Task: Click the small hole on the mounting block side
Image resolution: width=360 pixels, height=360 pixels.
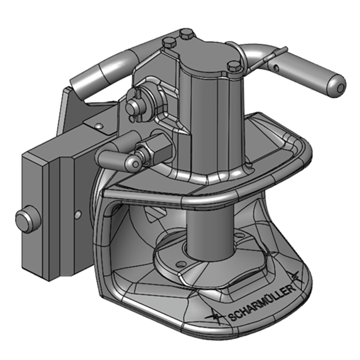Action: click(x=78, y=212)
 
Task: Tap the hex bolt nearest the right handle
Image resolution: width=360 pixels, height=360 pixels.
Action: click(x=234, y=67)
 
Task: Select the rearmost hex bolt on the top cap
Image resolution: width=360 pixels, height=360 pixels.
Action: click(x=184, y=34)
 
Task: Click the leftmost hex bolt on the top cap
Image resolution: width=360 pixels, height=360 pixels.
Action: click(x=168, y=43)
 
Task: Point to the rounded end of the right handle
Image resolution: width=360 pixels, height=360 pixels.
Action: click(x=337, y=84)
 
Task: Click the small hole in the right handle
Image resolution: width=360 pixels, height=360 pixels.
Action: click(x=275, y=68)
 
